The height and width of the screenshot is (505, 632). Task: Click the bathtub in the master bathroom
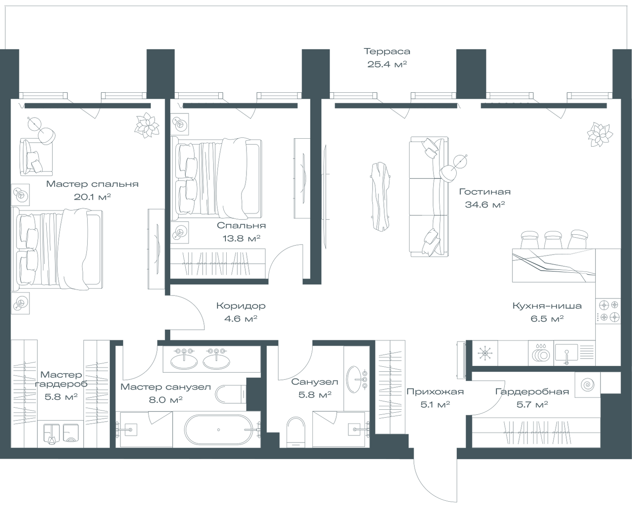coord(218,430)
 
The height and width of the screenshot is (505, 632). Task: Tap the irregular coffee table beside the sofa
coord(380,196)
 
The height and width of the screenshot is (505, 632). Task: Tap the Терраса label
coord(387,52)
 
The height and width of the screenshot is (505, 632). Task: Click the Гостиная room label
coord(485,192)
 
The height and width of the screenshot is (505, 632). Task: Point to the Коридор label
coord(241,306)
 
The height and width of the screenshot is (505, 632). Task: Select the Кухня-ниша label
coord(547,306)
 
